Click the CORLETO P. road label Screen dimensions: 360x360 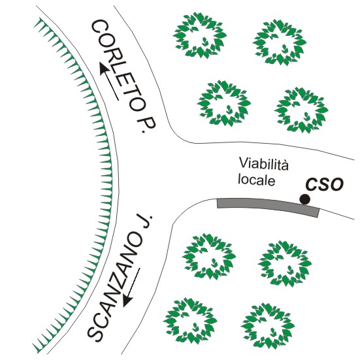[124, 76]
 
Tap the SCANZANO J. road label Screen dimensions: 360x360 [120, 278]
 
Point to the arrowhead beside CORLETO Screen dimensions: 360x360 [104, 68]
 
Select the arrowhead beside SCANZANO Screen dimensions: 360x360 [127, 300]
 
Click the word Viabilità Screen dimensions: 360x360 [263, 164]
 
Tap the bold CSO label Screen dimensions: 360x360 [325, 185]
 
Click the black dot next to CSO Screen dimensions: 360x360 [305, 199]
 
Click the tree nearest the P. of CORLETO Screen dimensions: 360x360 [224, 103]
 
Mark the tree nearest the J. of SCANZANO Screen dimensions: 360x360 [209, 257]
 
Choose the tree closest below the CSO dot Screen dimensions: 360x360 [285, 264]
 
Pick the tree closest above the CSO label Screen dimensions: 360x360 [301, 110]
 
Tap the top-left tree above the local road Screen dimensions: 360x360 [200, 35]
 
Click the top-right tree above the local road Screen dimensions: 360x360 [280, 42]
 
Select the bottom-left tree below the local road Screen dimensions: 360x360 [190, 321]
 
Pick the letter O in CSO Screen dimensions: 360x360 [337, 185]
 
